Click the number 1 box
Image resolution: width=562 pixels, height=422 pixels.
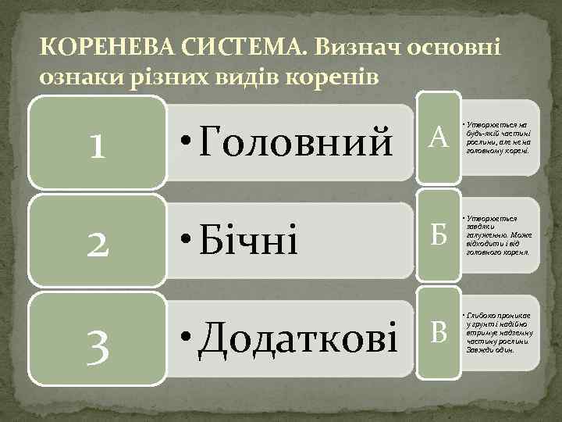(98, 144)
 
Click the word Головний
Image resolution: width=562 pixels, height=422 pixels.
(297, 142)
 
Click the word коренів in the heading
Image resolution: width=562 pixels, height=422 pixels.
(340, 77)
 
